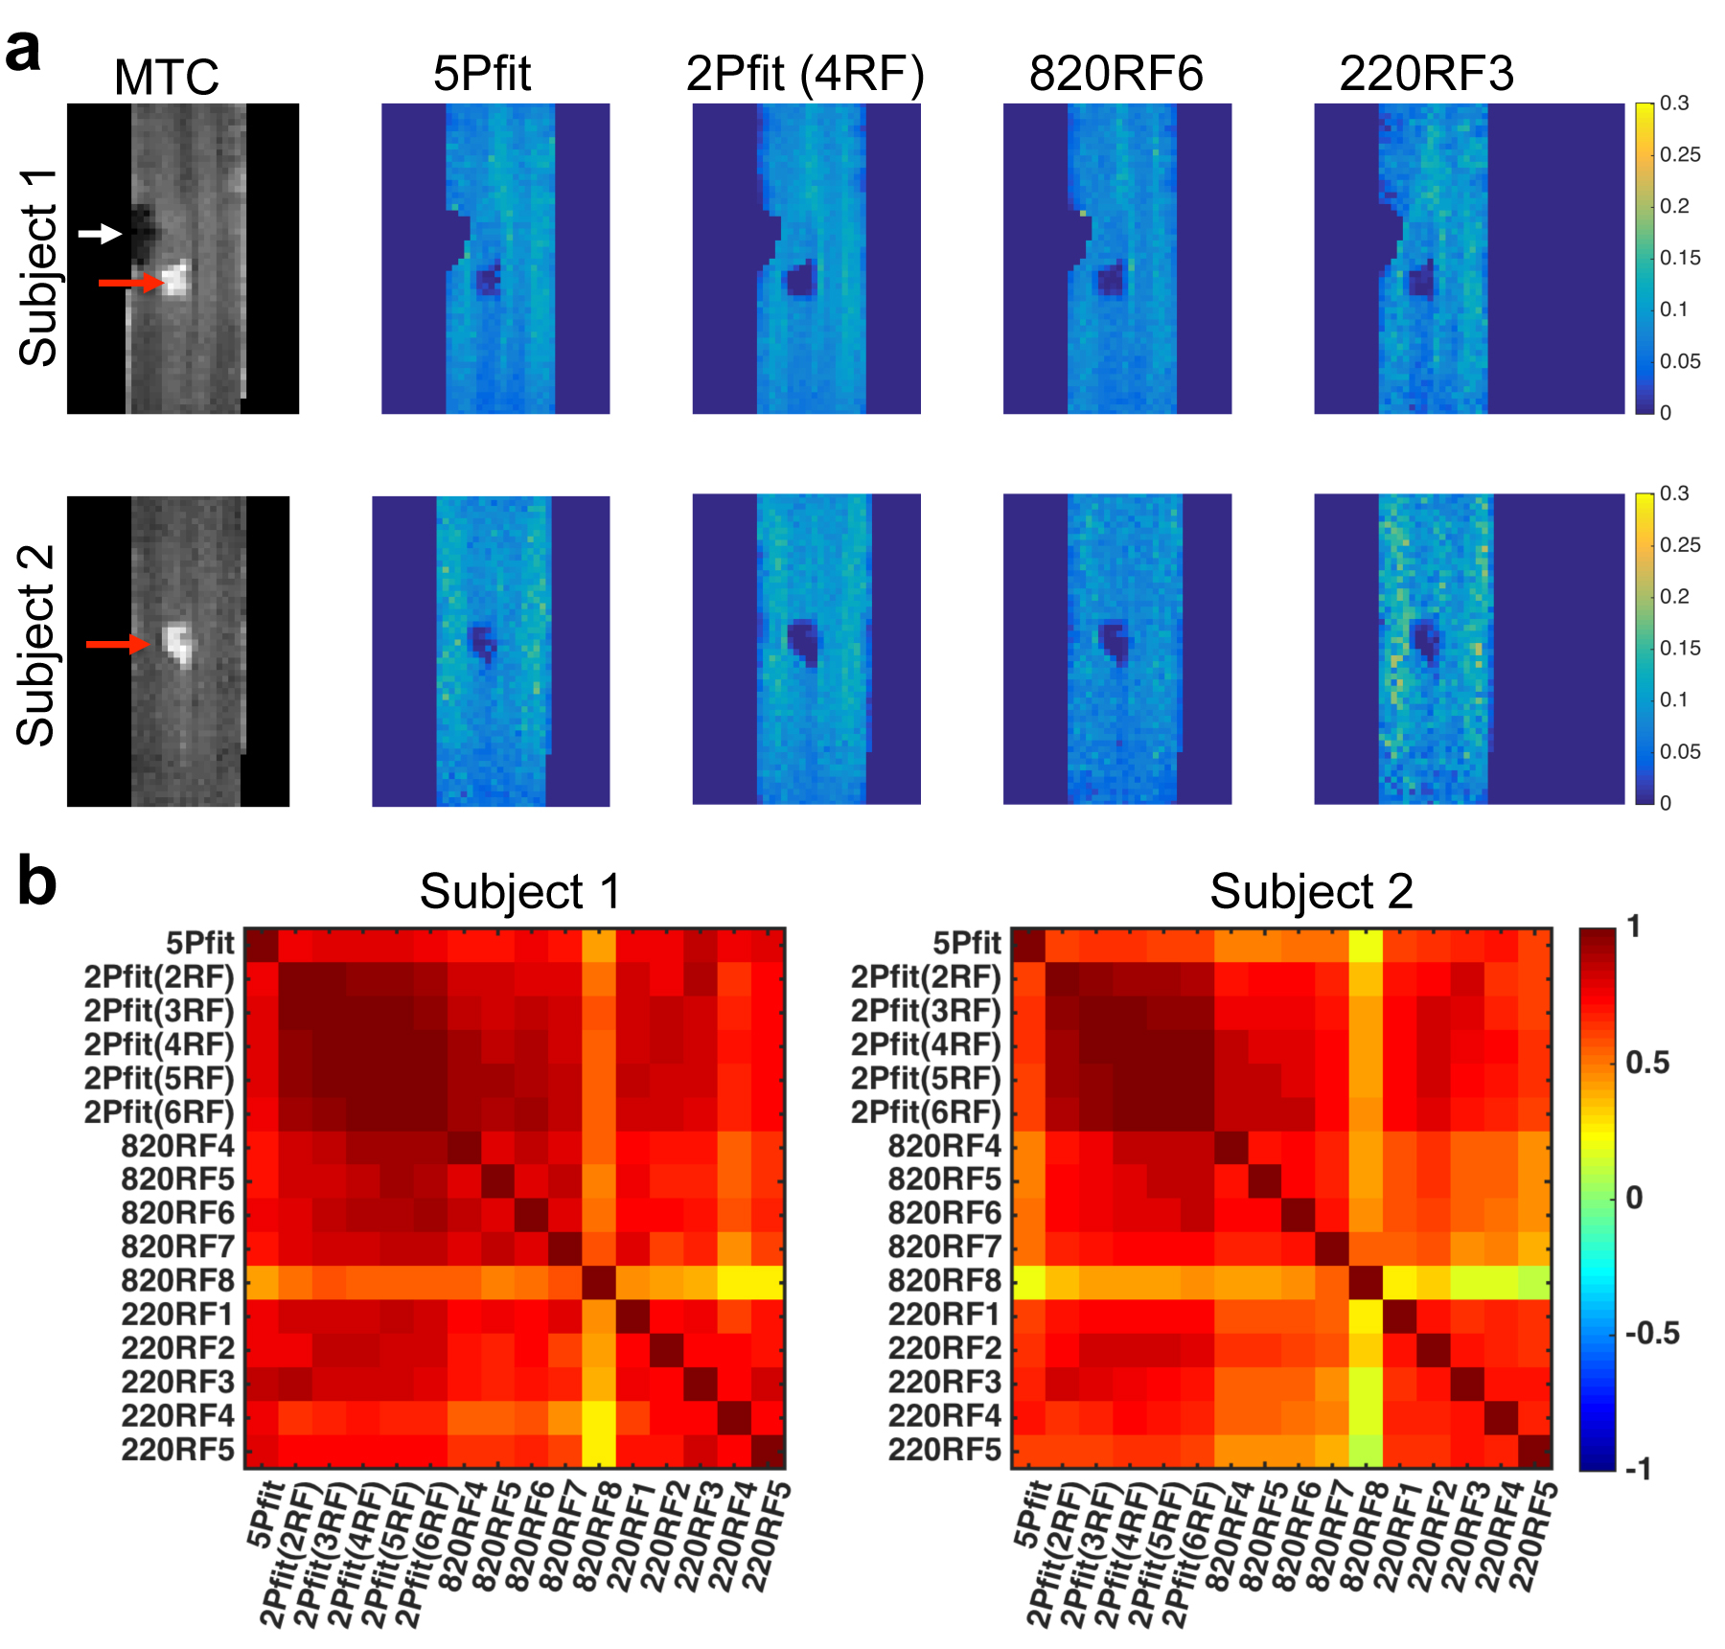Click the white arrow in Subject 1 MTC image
coord(100,233)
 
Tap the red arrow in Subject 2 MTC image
coord(118,644)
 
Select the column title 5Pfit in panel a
coord(481,74)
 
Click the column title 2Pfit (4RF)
coord(805,74)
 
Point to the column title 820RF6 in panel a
coord(1115,74)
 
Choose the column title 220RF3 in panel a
coord(1426,74)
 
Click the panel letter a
coord(24,50)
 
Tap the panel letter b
coord(36,882)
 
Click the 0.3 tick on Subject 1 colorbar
coord(1674,103)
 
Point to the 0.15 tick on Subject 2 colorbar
coord(1680,649)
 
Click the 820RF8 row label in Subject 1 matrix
coord(177,1281)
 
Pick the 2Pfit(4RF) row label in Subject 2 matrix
coord(926,1044)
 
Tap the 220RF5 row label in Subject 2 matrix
coord(944,1450)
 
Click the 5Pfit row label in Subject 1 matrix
coord(199,943)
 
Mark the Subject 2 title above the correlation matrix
coord(1310,892)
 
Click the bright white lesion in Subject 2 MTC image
coord(177,643)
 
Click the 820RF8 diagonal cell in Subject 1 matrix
coord(599,1281)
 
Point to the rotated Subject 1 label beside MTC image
coord(38,267)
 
